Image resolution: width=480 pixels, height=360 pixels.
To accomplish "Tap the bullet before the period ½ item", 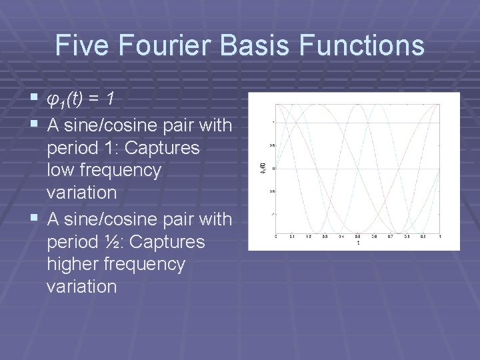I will pos(35,218).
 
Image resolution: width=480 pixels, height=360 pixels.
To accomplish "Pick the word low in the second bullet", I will pos(62,171).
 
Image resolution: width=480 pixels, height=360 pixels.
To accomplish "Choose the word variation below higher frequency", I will pos(81,287).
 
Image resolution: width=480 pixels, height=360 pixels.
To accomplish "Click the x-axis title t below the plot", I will pos(358,243).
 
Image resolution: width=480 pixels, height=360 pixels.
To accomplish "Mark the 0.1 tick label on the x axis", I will pos(292,237).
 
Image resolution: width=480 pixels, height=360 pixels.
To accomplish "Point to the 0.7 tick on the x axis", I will pos(391,237).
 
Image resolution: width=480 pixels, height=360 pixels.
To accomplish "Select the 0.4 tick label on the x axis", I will pos(341,237).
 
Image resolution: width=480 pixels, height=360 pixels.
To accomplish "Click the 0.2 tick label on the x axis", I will pos(309,237).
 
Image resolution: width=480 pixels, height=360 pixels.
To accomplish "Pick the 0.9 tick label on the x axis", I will pos(423,237).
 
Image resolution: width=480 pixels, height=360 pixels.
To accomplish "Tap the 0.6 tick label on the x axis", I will pos(374,237).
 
